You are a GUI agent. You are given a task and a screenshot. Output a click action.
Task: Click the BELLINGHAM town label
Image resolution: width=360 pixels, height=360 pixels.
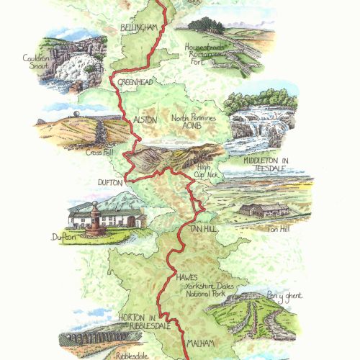pos(140,27)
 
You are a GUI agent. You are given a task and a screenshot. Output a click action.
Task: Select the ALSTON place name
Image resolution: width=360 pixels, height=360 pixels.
pos(145,120)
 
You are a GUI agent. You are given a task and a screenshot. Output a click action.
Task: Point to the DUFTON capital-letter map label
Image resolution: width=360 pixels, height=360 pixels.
pos(111,183)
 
